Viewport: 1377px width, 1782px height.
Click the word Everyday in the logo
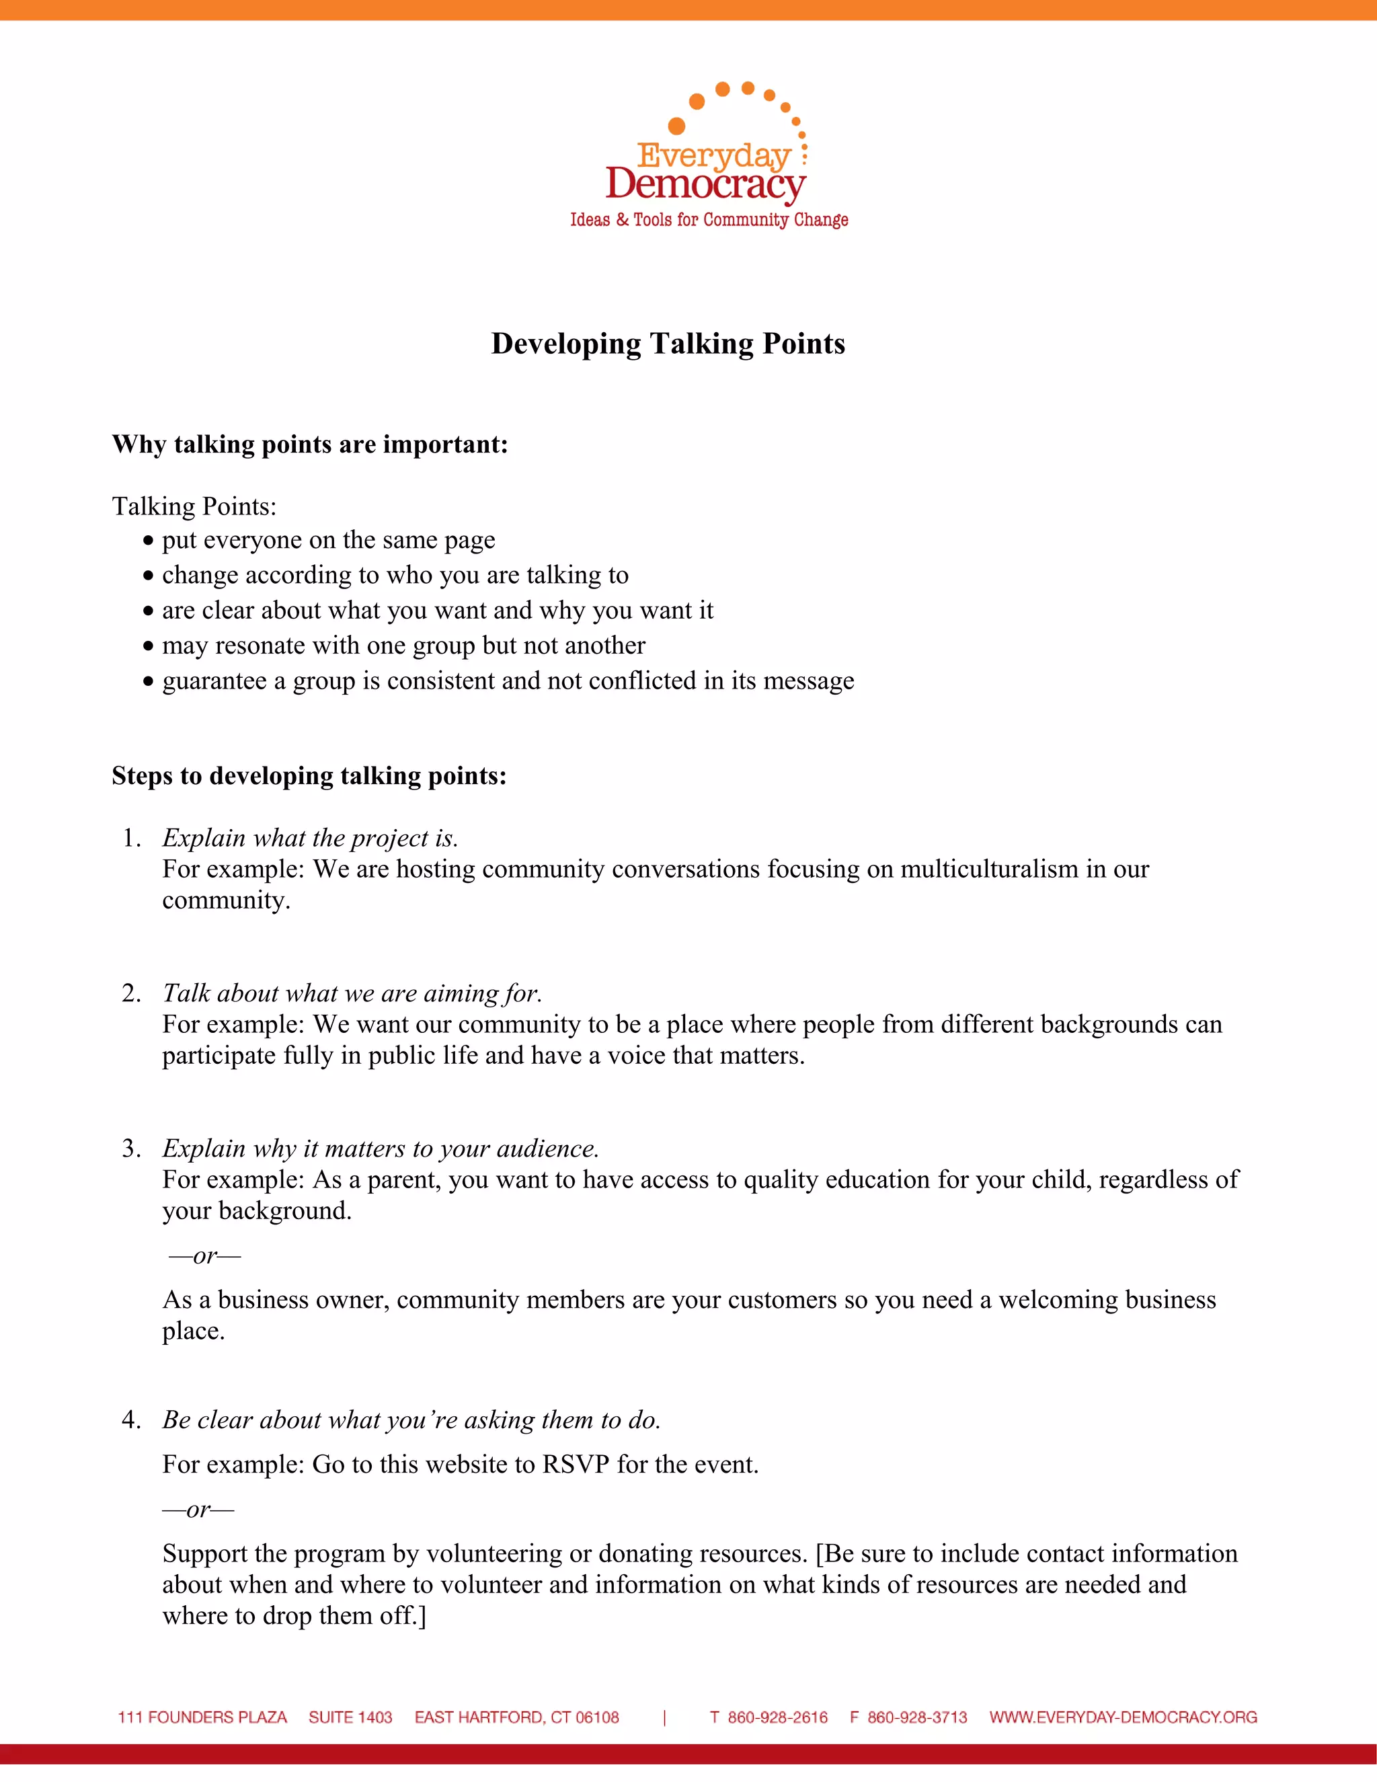[x=714, y=155]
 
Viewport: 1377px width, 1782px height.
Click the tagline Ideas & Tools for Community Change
[x=709, y=221]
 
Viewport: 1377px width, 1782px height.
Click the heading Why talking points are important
[x=310, y=444]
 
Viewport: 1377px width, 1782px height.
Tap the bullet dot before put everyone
[x=148, y=541]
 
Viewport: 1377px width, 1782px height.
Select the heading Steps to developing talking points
[x=309, y=776]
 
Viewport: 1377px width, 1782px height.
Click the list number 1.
[x=130, y=838]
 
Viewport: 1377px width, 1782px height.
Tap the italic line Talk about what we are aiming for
[x=352, y=993]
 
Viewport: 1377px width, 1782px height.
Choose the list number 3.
[x=130, y=1149]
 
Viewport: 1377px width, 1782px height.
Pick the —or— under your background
[x=205, y=1255]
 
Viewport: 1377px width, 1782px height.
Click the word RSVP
[x=576, y=1465]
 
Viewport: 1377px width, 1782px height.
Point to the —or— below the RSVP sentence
[x=198, y=1510]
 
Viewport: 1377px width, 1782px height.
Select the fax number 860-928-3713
[x=917, y=1717]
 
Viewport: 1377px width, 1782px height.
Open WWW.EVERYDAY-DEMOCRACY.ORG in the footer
[x=1122, y=1717]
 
